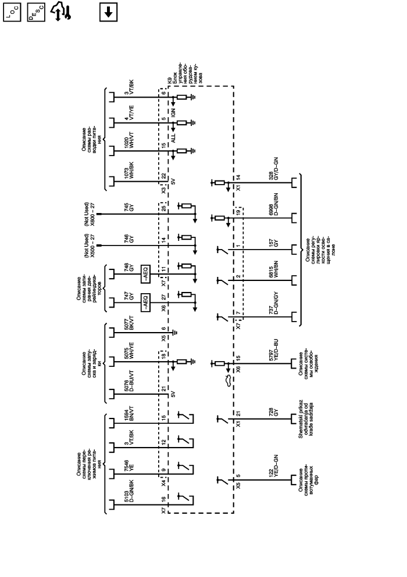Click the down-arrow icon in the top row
point(108,11)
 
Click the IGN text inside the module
point(173,110)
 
